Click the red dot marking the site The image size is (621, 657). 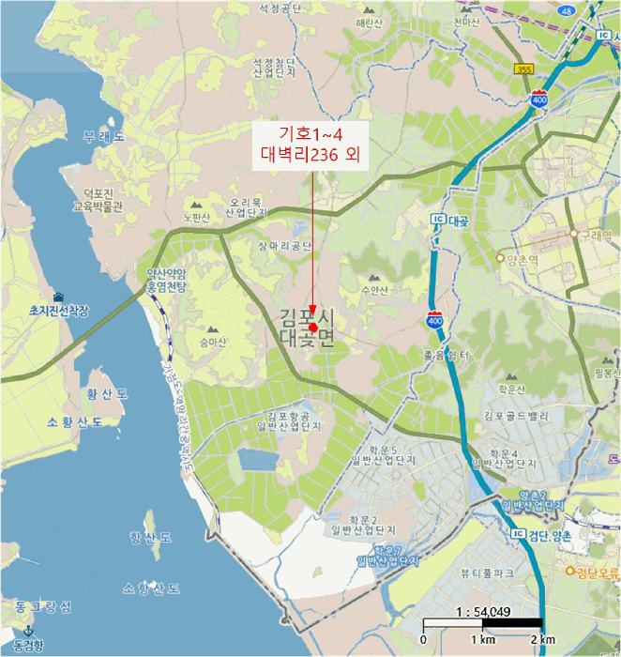[x=312, y=327]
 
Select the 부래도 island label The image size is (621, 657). [x=103, y=137]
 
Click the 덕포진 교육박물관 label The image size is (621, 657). [x=98, y=199]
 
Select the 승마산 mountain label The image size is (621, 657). [x=211, y=344]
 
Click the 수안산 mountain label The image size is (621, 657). [x=373, y=291]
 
